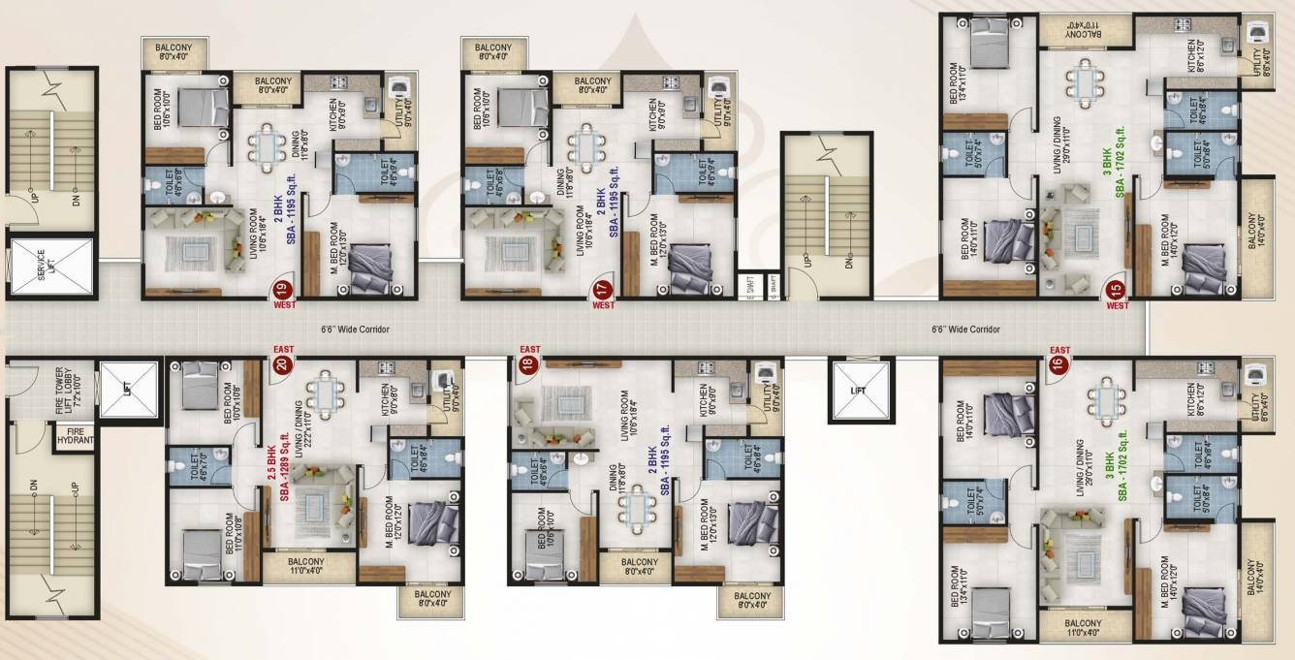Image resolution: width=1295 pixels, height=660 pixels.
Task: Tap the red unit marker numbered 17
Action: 602,288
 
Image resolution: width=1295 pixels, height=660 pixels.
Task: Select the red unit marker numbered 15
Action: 1117,288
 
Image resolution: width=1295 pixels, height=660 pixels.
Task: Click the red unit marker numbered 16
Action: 1058,365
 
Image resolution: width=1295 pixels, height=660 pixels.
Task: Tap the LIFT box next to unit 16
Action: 858,391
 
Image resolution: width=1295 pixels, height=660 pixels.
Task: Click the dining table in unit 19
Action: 267,145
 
